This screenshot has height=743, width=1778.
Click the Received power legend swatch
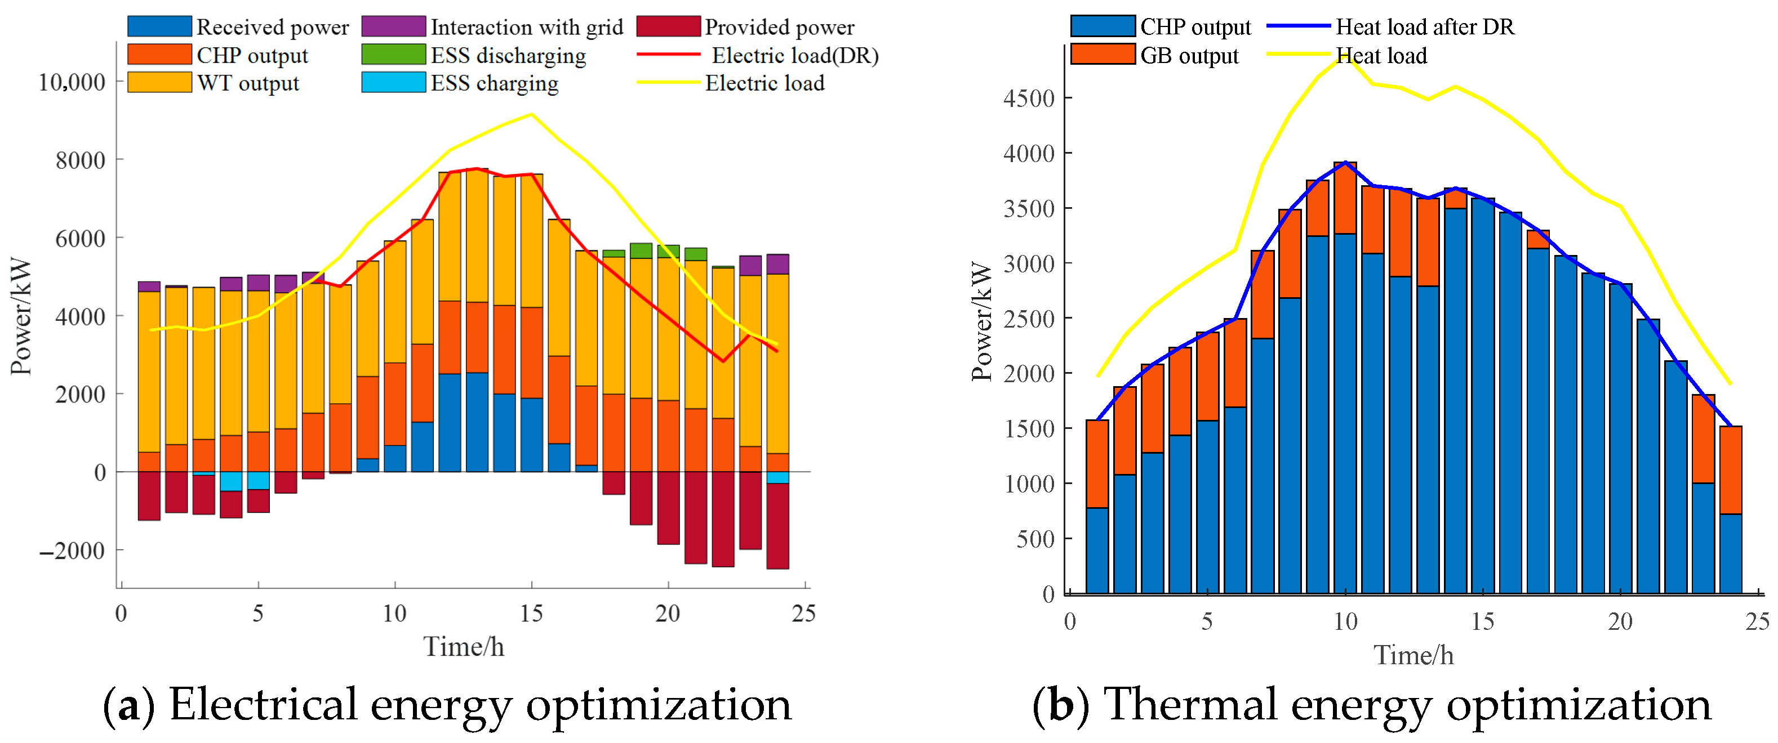(x=159, y=26)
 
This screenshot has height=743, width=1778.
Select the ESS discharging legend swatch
(x=393, y=55)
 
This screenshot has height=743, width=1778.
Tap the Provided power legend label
(x=779, y=27)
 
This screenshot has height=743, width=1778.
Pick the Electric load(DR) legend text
(x=794, y=55)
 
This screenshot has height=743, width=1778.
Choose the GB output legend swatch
(x=1103, y=55)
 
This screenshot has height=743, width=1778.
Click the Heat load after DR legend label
(x=1425, y=27)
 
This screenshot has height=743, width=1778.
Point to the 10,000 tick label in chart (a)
(x=72, y=82)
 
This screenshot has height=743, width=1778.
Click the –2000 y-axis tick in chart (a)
(x=72, y=550)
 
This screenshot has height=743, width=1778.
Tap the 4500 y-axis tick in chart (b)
(x=1028, y=98)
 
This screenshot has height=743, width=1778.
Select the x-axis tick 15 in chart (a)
(x=531, y=614)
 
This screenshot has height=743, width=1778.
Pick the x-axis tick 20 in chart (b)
(x=1620, y=621)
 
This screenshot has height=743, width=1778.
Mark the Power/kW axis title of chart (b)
(x=981, y=321)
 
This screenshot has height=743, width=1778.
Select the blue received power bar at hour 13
(x=477, y=422)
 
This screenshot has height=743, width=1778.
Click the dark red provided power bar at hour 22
(x=723, y=519)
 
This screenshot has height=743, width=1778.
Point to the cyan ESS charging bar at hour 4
(x=230, y=481)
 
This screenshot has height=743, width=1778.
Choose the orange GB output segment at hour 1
(x=1097, y=464)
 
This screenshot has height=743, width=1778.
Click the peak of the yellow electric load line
(x=531, y=114)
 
